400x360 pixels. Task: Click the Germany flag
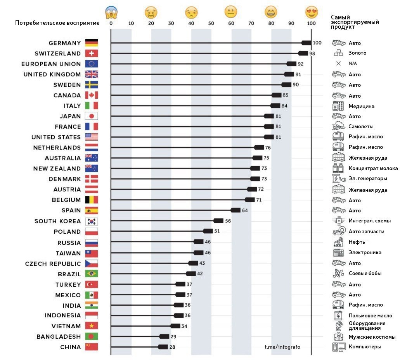(92, 43)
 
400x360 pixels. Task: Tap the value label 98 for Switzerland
(312, 53)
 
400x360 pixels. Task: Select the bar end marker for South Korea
(219, 220)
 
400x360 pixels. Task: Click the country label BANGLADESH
(59, 337)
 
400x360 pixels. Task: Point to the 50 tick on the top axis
(211, 23)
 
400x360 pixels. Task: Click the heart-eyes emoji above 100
(311, 12)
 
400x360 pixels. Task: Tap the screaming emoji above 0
(111, 12)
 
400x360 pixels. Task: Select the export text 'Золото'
(357, 53)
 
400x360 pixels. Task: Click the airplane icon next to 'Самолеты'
(339, 126)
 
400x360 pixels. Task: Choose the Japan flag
(92, 116)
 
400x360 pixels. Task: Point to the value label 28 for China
(172, 347)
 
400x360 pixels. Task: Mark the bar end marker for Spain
(236, 210)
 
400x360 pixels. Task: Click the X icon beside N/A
(338, 64)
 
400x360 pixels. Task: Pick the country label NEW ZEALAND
(57, 169)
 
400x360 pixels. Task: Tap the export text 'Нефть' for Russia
(357, 242)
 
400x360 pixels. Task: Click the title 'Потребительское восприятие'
(57, 23)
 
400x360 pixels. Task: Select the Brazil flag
(92, 274)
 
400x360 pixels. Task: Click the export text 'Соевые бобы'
(365, 274)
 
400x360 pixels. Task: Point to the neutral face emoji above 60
(231, 12)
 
